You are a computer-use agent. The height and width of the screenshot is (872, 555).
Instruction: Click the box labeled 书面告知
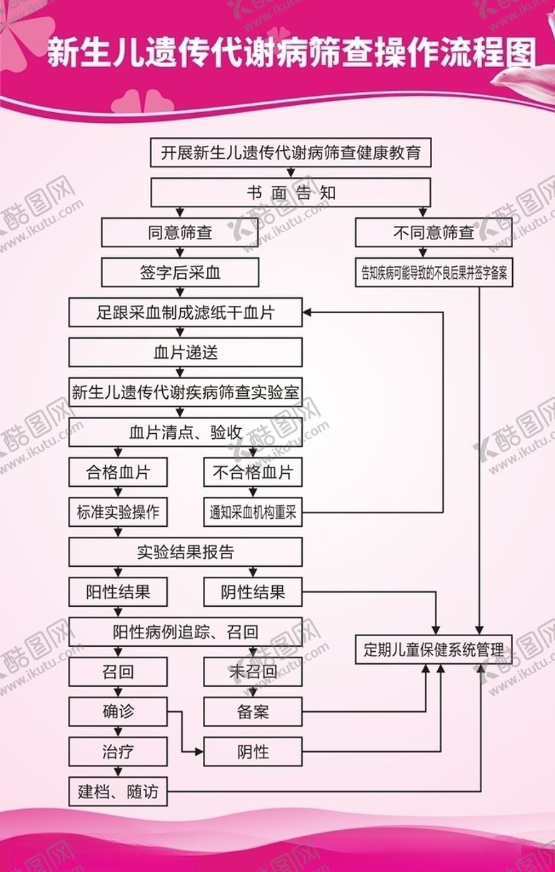290,193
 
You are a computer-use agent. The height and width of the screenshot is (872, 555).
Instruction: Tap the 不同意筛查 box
434,233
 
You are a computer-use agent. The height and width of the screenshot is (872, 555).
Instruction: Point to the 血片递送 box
186,352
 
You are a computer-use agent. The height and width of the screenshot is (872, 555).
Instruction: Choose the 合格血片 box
118,472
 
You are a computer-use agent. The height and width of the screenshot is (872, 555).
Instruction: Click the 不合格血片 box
253,472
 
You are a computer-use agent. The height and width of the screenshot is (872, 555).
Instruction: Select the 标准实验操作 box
118,512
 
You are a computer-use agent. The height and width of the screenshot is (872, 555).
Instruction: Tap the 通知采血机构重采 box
253,512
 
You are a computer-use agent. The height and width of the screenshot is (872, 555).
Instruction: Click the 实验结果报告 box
186,553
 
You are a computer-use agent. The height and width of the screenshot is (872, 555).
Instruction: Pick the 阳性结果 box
118,593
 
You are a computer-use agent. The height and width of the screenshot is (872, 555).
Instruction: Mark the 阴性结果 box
253,593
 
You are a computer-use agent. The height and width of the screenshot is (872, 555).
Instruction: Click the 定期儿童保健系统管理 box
434,650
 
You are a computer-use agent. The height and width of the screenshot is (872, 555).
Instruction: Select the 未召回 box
253,672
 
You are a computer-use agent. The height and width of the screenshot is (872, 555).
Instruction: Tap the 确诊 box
118,712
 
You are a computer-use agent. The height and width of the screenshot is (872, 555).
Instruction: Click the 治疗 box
118,752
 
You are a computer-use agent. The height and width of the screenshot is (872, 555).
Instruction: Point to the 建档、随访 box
118,792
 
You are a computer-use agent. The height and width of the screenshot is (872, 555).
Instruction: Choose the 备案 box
253,712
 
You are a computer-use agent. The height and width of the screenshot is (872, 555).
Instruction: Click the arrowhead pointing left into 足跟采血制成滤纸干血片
308,312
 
